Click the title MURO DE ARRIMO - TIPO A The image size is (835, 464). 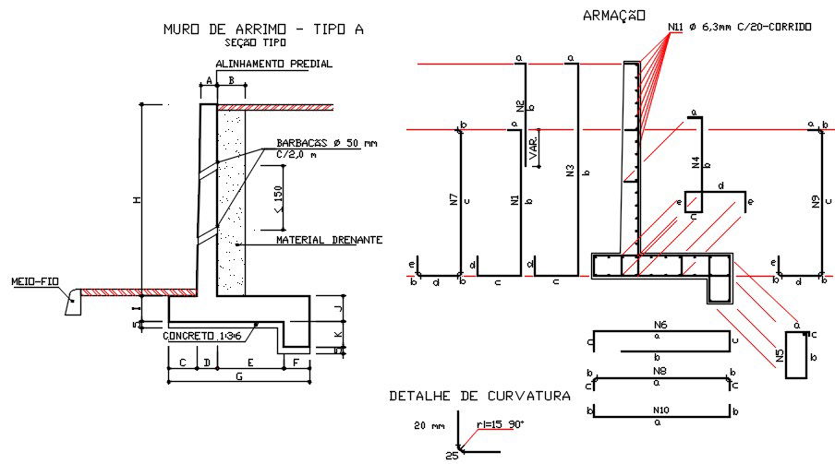click(263, 30)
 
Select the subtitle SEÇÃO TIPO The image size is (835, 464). click(256, 42)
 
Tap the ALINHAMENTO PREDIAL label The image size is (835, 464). click(273, 64)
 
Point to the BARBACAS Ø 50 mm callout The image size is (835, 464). click(327, 144)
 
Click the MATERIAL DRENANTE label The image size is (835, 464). click(329, 240)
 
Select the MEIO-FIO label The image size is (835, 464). click(34, 281)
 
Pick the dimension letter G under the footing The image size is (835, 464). click(240, 376)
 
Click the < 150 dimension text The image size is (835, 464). click(279, 208)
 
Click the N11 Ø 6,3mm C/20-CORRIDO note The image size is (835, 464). click(739, 28)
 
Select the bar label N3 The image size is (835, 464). click(571, 171)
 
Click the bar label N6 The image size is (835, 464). click(660, 326)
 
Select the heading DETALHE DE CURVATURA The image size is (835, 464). click(479, 396)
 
